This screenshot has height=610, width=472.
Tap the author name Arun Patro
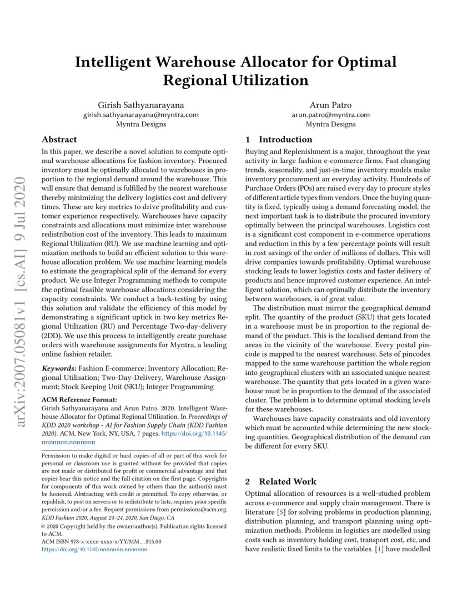coord(330,104)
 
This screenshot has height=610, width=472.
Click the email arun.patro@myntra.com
coord(330,114)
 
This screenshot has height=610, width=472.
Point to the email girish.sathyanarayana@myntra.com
coord(140,114)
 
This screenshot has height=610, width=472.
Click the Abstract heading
coord(59,139)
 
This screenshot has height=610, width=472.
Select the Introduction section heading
coord(285,139)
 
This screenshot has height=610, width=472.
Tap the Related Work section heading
coord(288,481)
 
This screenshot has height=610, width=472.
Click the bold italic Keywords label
coord(59,368)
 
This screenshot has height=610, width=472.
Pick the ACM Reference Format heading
coord(79,399)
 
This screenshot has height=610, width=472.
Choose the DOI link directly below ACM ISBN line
coord(94,549)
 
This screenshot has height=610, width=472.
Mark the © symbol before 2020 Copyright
coord(44,526)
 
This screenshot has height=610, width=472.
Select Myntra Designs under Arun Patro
coord(330,124)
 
